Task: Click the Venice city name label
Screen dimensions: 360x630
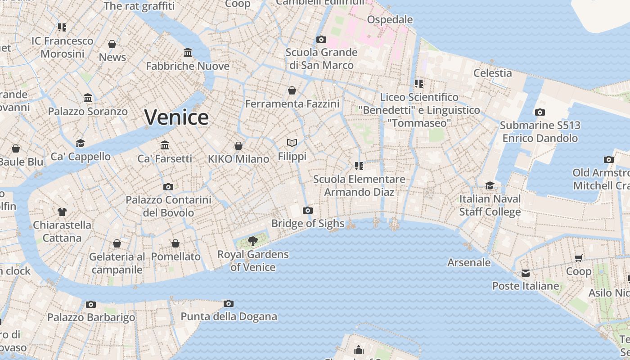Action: pos(176,117)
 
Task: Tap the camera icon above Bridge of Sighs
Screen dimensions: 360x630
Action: pos(308,210)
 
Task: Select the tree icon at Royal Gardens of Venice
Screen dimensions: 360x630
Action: pos(253,241)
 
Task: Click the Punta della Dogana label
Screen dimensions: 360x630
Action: pos(229,316)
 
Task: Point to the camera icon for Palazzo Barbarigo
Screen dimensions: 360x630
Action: pos(91,304)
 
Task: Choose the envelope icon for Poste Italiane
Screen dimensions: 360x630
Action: pos(525,273)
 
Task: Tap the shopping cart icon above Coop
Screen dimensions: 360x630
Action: pos(579,258)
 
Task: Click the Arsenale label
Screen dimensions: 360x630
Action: pos(469,262)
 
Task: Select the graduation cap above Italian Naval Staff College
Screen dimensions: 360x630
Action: pos(490,186)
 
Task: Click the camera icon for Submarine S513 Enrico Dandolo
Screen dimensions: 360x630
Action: pos(540,112)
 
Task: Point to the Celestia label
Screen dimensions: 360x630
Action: pos(492,73)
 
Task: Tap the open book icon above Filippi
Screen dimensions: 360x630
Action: pos(292,143)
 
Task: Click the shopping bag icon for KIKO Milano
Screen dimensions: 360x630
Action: pos(238,146)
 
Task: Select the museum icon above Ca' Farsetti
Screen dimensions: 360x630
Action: pos(165,145)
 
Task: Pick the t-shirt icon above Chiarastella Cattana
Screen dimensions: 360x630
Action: pos(62,211)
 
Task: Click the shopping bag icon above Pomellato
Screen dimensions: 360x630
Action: pos(175,243)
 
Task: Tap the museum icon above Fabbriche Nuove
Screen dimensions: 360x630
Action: pos(188,53)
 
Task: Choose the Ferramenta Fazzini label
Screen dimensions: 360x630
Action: pos(292,104)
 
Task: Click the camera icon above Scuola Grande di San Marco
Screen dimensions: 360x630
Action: pos(321,39)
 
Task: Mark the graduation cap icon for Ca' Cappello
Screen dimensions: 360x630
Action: pos(81,143)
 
